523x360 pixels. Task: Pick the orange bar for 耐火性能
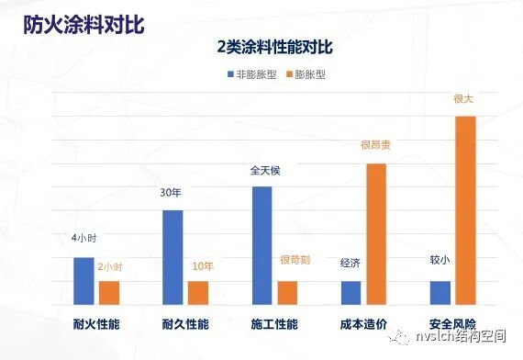click(x=109, y=293)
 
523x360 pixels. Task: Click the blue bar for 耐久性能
click(x=172, y=257)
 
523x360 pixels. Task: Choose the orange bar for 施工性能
click(x=287, y=293)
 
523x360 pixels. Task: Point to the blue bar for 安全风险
click(x=440, y=293)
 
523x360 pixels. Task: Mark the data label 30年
click(x=172, y=193)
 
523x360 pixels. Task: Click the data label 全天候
click(x=261, y=170)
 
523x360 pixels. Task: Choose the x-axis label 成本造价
click(x=363, y=324)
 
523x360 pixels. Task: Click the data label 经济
click(x=350, y=264)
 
